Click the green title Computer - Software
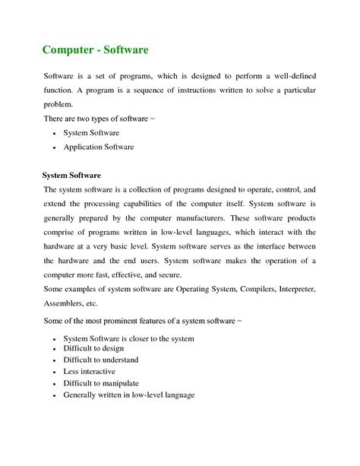coord(95,50)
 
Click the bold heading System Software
coord(71,176)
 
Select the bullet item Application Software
coord(99,147)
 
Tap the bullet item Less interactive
coord(90,372)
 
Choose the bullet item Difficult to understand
coord(101,360)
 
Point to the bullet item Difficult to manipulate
coord(101,383)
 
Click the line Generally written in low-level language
coord(129,395)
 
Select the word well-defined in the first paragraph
coord(292,77)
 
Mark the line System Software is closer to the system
coord(128,338)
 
